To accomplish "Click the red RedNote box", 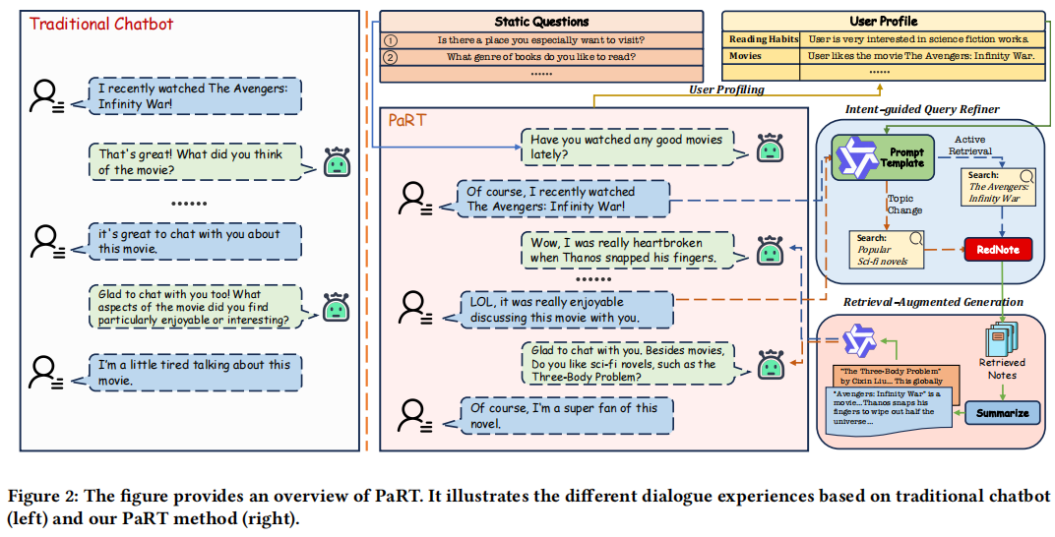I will tap(998, 250).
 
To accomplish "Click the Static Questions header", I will tap(541, 21).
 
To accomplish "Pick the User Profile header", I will tap(883, 21).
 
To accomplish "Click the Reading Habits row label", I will tap(761, 39).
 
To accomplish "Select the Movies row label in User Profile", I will tap(745, 57).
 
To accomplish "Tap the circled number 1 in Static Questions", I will tap(390, 40).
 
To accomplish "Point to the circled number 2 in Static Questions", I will tap(390, 57).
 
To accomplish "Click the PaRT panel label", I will tap(405, 120).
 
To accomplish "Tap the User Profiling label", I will tap(726, 89).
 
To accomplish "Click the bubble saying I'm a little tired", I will tap(194, 372).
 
